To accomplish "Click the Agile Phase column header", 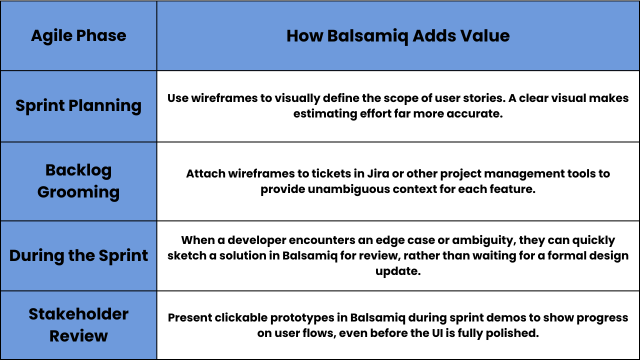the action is point(78,36).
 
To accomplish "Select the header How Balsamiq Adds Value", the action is point(398,36).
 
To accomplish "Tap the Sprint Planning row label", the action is point(78,106).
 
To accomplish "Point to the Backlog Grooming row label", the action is point(78,181).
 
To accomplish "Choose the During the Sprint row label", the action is point(78,255).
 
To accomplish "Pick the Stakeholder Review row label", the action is point(78,325).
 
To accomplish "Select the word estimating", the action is point(325,114).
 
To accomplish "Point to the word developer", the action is point(257,240).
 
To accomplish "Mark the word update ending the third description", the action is point(398,271).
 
